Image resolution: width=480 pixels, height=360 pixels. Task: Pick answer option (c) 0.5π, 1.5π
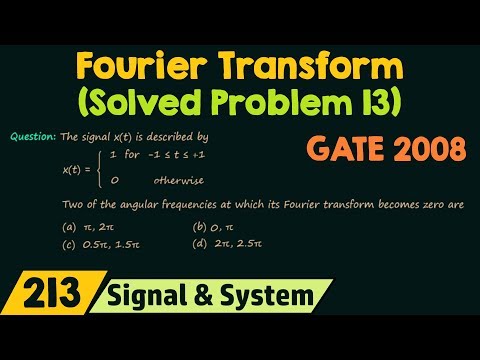coord(93,244)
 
